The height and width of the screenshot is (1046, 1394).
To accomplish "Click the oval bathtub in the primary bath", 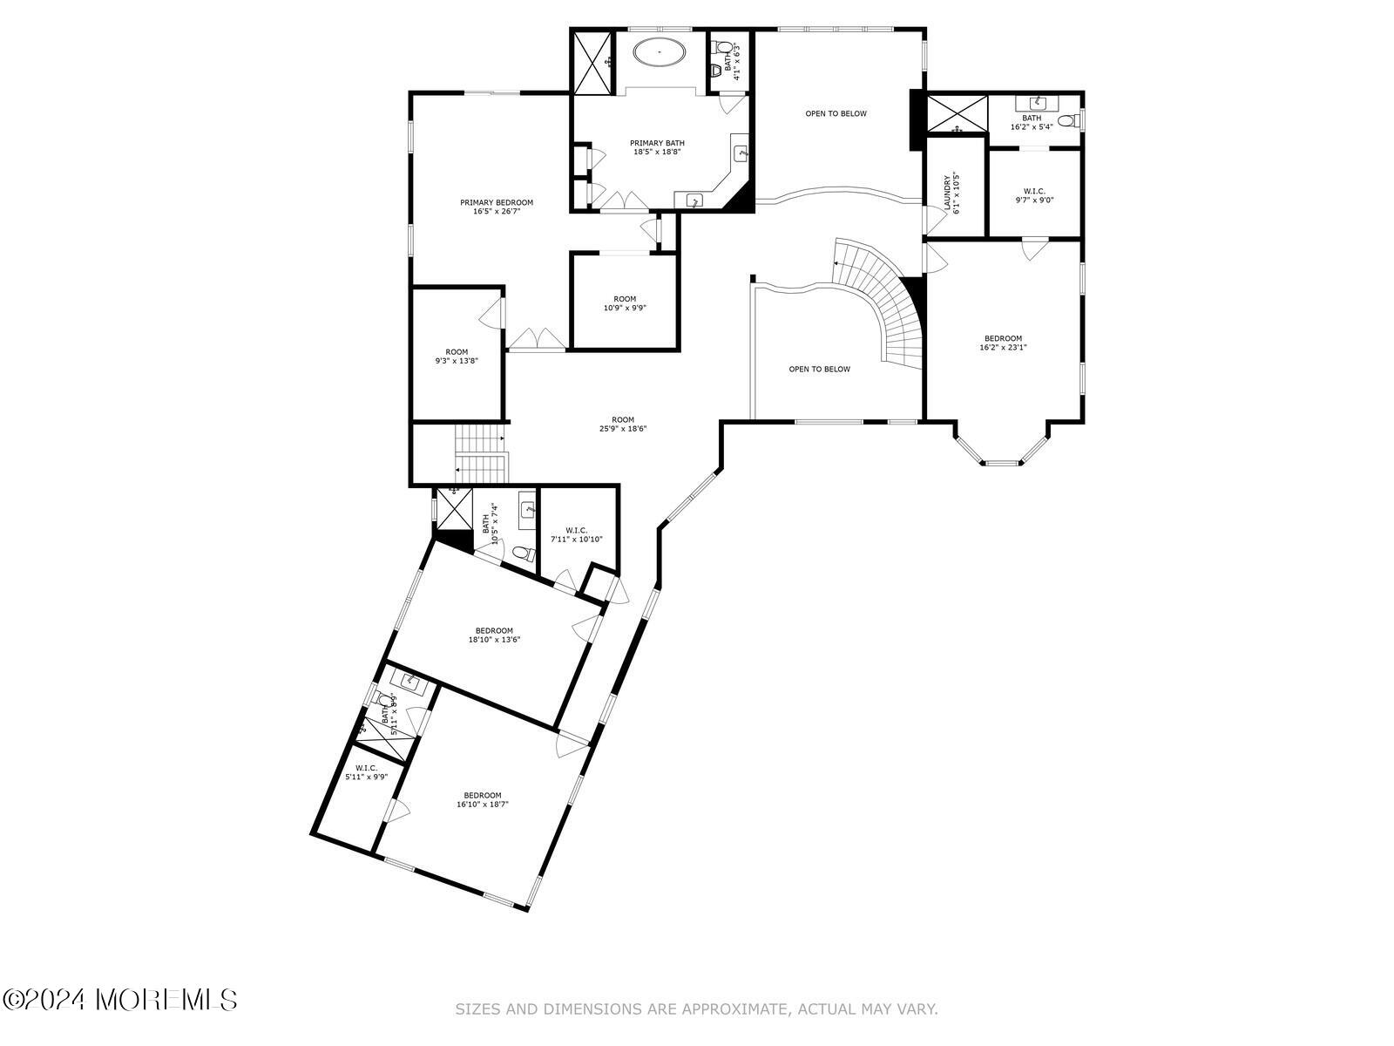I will (659, 52).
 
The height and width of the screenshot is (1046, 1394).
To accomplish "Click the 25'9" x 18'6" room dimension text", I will (622, 428).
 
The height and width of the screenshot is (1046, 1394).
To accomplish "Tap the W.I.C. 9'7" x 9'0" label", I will (1034, 195).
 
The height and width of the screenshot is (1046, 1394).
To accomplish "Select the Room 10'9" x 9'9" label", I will (625, 302).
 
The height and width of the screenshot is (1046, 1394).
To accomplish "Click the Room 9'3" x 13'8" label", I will (457, 356).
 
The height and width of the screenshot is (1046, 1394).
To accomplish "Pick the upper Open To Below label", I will (836, 113).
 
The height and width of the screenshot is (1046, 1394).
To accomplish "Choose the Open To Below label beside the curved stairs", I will (819, 369).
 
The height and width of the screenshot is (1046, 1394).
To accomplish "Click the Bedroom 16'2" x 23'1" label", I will (1003, 343).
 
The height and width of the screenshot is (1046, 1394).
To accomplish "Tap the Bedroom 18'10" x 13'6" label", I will (494, 635).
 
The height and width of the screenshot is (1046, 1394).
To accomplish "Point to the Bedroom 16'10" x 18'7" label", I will (482, 799).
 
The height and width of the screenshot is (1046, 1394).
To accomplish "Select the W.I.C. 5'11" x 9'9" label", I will (366, 772).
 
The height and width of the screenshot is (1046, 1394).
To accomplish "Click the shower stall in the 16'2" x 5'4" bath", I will (956, 114).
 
